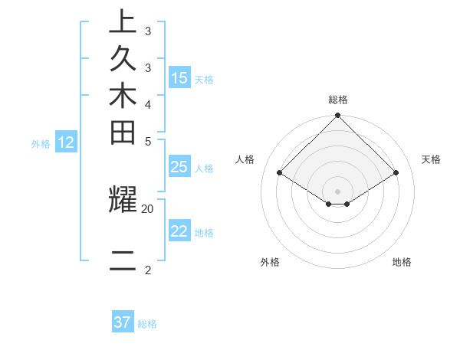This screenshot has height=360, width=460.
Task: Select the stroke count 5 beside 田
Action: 147,141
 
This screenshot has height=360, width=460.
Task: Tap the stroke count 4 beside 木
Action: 147,104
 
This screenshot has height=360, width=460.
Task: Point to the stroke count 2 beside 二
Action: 147,270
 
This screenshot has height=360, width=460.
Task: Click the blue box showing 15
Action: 179,78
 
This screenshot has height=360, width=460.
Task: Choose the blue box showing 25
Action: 179,168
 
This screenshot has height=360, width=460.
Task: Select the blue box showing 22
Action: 179,231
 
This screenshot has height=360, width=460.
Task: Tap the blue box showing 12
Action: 66,142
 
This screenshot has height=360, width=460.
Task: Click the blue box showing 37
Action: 122,322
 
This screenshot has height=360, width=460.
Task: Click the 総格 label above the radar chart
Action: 338,100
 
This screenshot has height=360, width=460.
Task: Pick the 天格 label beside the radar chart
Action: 431,159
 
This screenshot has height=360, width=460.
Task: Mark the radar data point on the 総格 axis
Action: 338,116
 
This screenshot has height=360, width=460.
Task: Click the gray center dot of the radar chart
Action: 338,191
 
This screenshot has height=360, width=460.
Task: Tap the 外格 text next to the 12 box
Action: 41,142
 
